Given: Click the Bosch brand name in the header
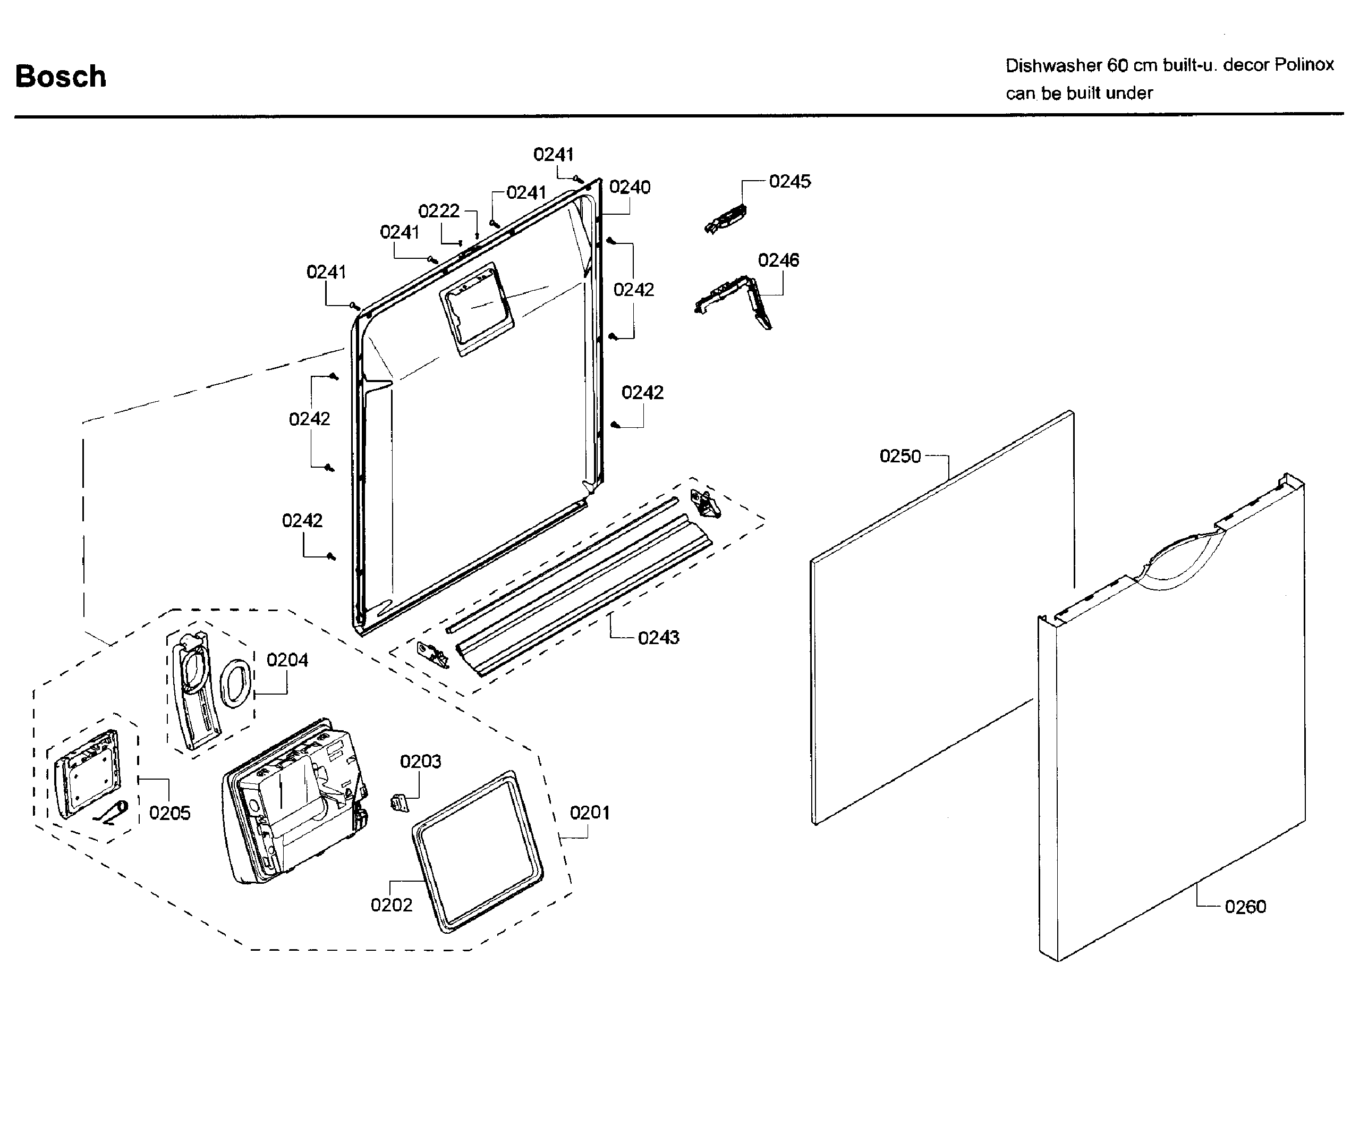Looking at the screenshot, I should (x=61, y=77).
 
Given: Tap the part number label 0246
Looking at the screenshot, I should (x=778, y=260).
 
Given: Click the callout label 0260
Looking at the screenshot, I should (x=1245, y=907).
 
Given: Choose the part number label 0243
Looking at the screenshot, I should (x=658, y=638).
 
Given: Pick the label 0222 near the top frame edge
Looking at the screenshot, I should (x=439, y=211).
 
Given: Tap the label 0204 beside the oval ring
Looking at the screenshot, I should (x=287, y=660).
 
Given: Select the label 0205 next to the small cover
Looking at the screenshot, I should (x=170, y=813).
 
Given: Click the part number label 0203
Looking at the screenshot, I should (x=420, y=762).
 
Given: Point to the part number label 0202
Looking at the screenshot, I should (x=391, y=905).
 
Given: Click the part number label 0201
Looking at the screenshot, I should (x=589, y=813).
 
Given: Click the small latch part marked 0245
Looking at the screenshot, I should (x=726, y=219).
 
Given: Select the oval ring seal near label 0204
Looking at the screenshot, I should (x=235, y=684).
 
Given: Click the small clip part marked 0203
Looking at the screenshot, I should (x=400, y=803).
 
